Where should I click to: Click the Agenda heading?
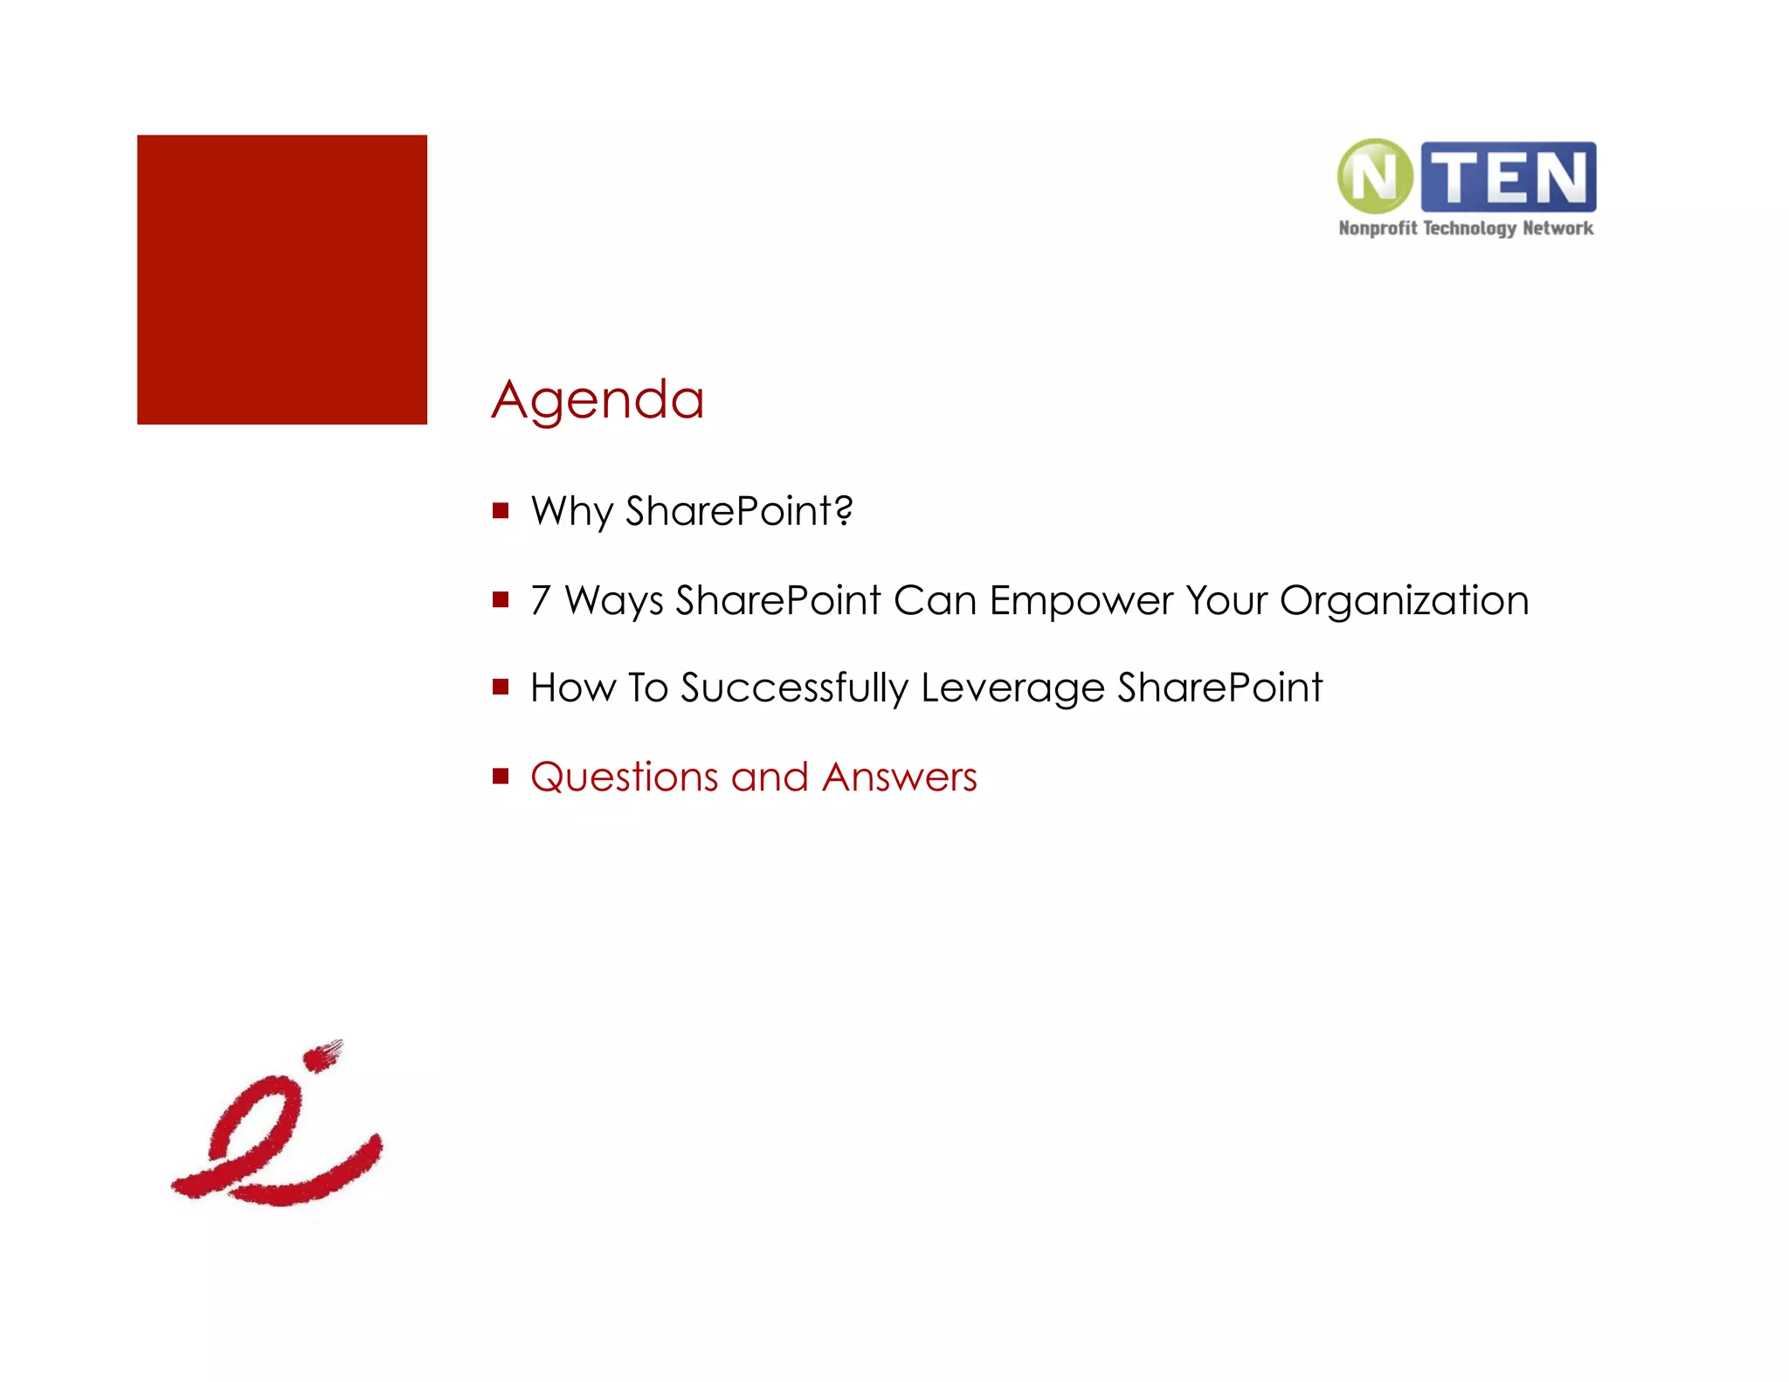click(597, 400)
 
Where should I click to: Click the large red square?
click(282, 280)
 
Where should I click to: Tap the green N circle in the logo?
click(1375, 176)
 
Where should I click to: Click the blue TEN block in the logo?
click(1509, 177)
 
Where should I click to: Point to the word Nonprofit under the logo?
click(1378, 229)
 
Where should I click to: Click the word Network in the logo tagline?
click(1558, 229)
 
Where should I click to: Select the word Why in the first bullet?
click(571, 511)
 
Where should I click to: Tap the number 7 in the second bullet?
click(541, 600)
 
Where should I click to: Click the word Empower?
click(1081, 601)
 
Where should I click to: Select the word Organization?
click(1404, 601)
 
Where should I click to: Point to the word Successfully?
click(794, 688)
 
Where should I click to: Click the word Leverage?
click(1012, 688)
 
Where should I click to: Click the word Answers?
click(899, 777)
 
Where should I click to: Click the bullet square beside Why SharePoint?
click(501, 510)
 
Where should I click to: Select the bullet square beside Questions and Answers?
click(501, 776)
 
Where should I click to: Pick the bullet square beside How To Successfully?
click(501, 687)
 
